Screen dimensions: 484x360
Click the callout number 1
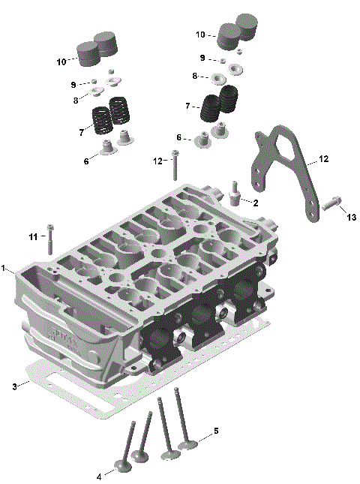point(4,268)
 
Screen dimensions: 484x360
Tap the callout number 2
point(256,203)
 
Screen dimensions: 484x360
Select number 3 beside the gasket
point(14,386)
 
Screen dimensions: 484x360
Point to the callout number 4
point(99,476)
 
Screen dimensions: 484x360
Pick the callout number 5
point(216,431)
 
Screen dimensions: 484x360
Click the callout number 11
point(33,237)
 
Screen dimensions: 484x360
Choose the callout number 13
point(350,216)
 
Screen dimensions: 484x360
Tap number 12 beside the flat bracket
point(323,159)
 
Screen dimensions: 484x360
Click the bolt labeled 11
point(49,239)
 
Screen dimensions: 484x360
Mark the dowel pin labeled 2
point(235,194)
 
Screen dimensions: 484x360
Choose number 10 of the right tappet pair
point(200,35)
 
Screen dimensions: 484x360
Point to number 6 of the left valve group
point(85,161)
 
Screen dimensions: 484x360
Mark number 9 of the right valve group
point(202,58)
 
